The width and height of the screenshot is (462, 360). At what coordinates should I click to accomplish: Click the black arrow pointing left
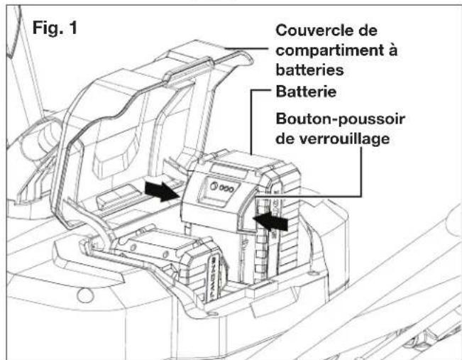tap(273, 222)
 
